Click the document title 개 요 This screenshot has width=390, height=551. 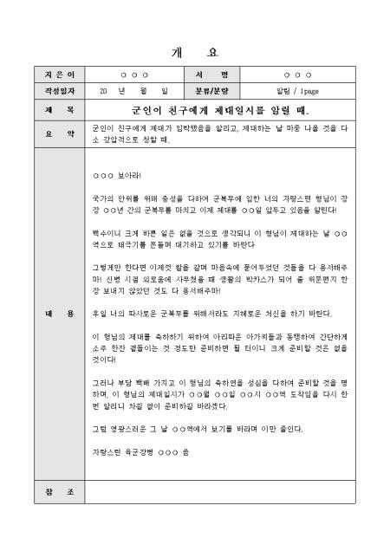[x=195, y=50]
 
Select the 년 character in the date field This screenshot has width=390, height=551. [x=123, y=90]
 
